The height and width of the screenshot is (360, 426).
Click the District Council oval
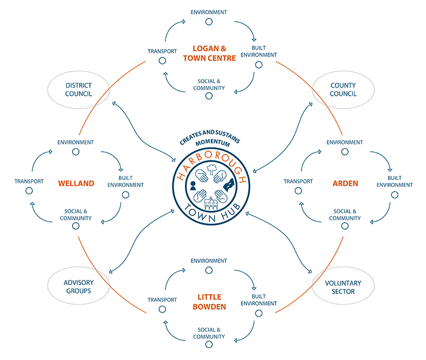[x=79, y=90]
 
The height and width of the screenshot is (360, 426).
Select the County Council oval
[x=343, y=90]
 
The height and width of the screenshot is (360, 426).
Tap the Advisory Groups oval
[x=78, y=287]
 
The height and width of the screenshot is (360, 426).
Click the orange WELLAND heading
[x=76, y=183]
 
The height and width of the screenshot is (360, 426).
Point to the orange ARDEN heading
[x=345, y=183]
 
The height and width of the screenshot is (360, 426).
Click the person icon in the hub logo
[x=193, y=185]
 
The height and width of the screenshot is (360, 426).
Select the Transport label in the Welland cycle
[x=29, y=181]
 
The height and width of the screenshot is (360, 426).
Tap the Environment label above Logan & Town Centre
[x=209, y=12]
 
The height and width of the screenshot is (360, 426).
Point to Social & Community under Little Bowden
[x=209, y=333]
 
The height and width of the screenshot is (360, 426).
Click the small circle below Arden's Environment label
[x=345, y=152]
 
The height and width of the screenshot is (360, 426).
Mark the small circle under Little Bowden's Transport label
[x=162, y=310]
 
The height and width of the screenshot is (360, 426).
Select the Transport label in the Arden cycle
[x=298, y=181]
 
